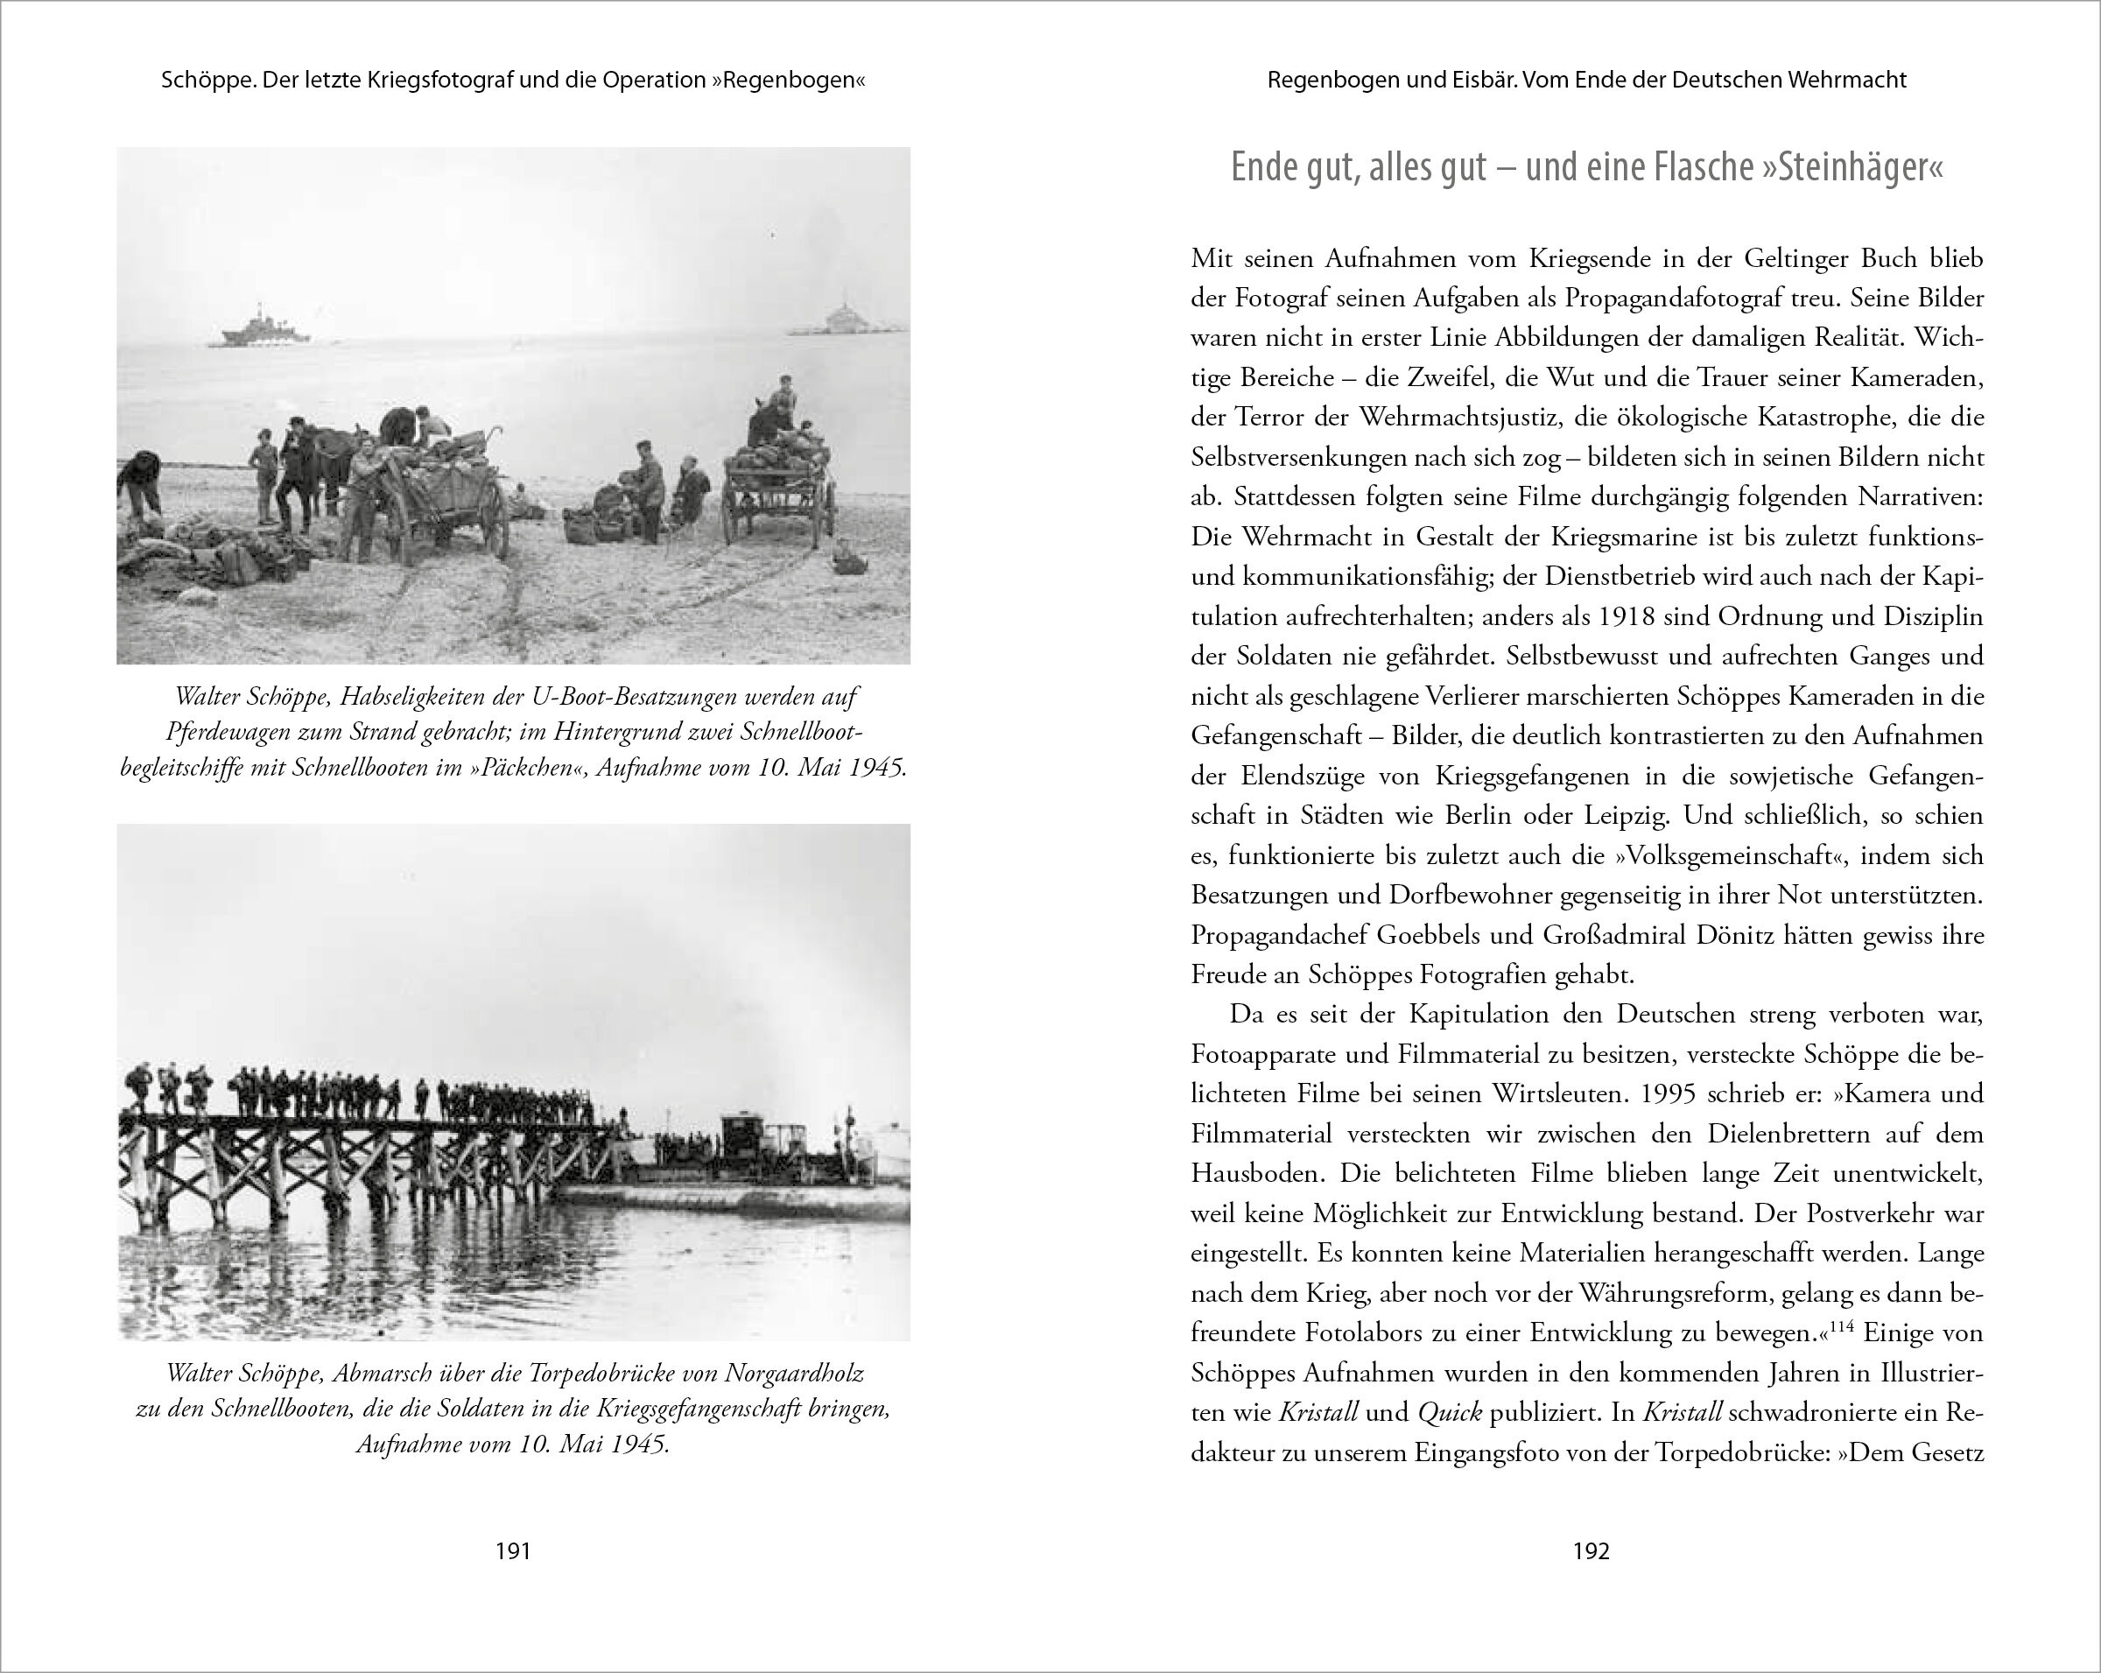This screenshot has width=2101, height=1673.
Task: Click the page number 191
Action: [513, 1551]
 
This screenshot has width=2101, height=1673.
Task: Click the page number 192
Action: [1592, 1551]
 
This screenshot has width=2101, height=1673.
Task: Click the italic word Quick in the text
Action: [1449, 1413]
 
